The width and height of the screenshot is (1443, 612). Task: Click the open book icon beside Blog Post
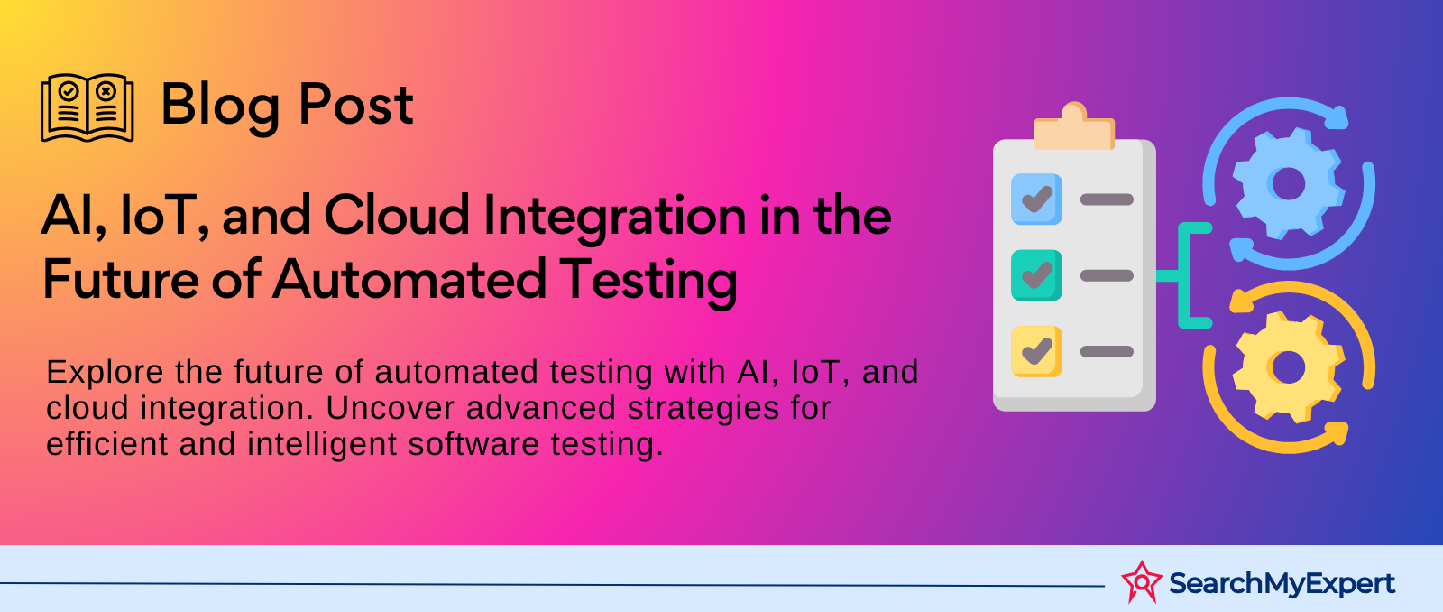87,107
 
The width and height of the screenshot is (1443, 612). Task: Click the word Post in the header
355,104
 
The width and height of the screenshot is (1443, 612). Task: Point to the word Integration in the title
615,219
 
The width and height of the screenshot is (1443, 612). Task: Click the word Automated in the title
409,279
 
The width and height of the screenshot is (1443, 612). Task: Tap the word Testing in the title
648,283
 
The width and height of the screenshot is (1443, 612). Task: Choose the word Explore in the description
105,374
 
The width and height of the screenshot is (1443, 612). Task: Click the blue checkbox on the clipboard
1036,199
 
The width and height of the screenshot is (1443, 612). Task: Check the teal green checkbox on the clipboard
1036,275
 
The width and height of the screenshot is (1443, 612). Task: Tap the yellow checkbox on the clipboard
1036,351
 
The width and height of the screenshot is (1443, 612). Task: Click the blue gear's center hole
1289,184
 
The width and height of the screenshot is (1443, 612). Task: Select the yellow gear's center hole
1289,367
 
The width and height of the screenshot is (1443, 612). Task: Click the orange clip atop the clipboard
1074,126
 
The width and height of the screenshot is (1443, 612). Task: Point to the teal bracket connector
1184,275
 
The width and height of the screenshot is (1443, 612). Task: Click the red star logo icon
1142,581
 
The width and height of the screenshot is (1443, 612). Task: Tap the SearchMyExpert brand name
1282,584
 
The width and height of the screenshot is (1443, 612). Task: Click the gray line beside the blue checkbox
1107,199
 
